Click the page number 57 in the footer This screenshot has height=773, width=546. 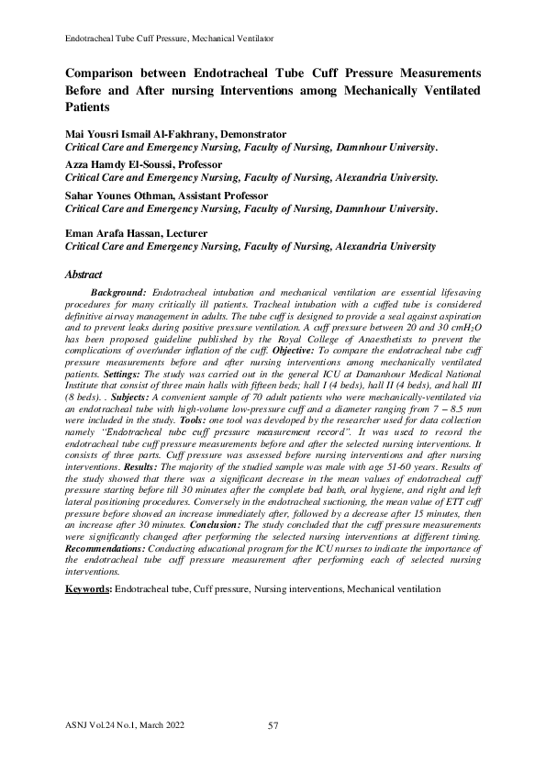pyautogui.click(x=273, y=726)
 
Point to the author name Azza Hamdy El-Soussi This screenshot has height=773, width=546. pyautogui.click(x=118, y=164)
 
